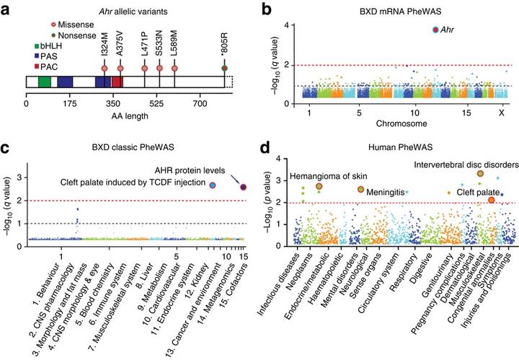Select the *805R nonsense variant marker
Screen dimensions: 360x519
(225, 69)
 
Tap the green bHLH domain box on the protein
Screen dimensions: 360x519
(45, 82)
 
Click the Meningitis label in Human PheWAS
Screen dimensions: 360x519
(388, 193)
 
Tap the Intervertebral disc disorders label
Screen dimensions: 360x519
(456, 162)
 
